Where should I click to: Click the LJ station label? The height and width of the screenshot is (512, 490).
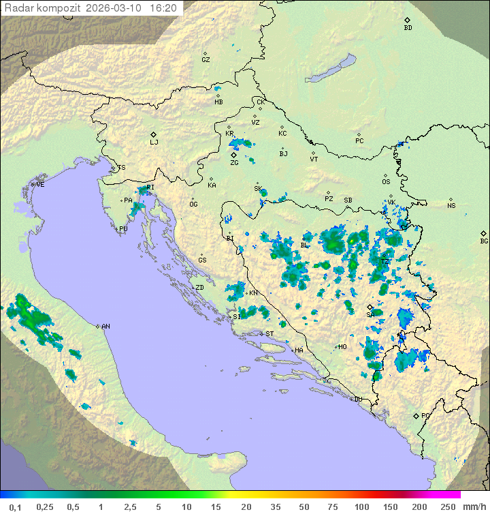(x=154, y=142)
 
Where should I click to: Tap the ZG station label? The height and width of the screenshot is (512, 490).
(x=234, y=163)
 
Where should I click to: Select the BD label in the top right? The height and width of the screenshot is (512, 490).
(x=408, y=28)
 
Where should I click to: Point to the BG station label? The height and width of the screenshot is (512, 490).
(x=484, y=241)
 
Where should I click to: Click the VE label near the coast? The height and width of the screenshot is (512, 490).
(x=40, y=185)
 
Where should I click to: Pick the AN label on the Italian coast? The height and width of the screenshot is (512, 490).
(x=105, y=327)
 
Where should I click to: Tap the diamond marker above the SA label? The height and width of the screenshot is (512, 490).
(x=370, y=307)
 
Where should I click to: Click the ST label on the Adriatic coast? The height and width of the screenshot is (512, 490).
(x=269, y=333)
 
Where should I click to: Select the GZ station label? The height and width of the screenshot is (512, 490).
(x=206, y=60)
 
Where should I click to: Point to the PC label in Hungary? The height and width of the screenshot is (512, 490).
(x=359, y=141)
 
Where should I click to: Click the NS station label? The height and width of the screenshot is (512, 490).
(x=451, y=206)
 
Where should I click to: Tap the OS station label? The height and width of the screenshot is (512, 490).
(x=386, y=182)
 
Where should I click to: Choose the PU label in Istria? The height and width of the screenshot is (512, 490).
(x=123, y=229)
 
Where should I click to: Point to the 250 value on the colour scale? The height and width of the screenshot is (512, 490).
(x=448, y=507)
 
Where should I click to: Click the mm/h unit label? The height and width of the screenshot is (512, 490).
(x=473, y=507)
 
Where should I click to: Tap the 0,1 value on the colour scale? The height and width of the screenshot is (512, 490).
(x=15, y=507)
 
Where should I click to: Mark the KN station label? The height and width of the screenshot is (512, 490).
(x=253, y=293)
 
